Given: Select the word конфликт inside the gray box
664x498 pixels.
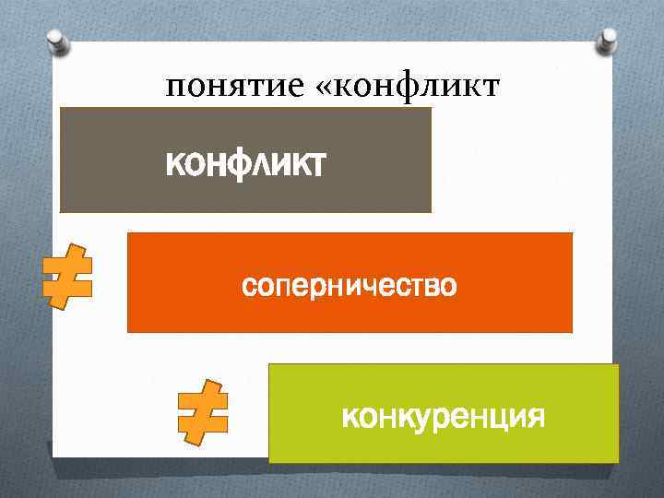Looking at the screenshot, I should coord(244,165).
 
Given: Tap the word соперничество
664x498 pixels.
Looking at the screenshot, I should coord(349,286).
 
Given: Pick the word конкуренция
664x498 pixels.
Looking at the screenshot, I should coord(443,417).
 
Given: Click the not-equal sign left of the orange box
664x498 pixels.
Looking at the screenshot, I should coord(67,277).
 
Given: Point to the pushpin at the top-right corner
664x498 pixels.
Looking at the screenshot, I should coord(608,39).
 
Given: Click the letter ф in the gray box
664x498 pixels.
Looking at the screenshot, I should coord(247,166).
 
